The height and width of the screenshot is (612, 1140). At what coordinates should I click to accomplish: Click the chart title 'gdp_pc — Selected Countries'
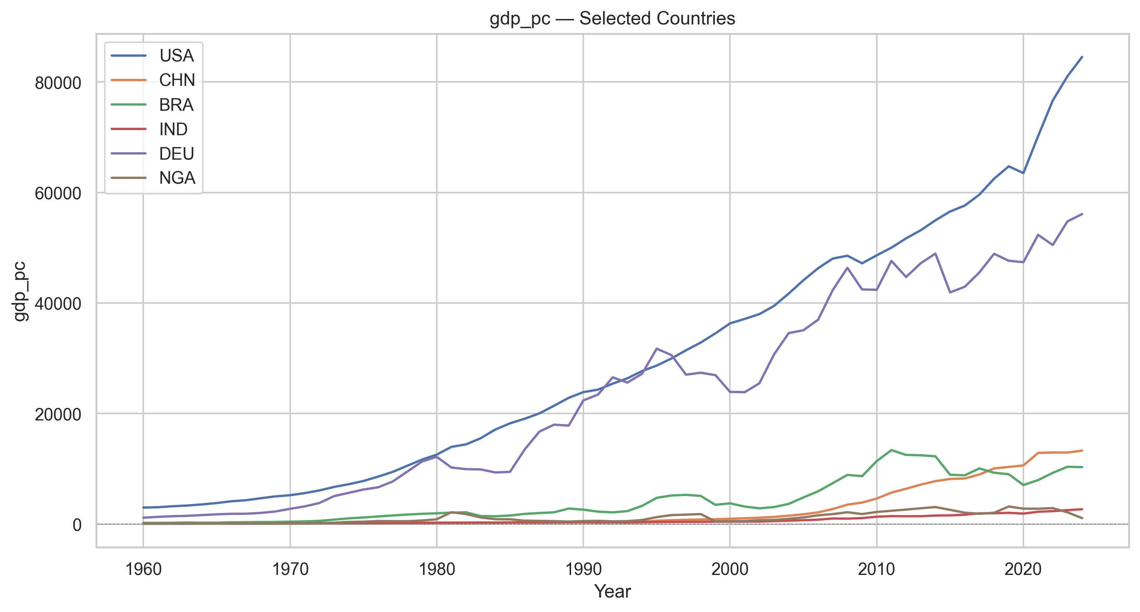(612, 19)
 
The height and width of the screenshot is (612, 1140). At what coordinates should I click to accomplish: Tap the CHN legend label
(177, 80)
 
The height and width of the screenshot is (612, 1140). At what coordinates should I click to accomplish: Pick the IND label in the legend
(174, 129)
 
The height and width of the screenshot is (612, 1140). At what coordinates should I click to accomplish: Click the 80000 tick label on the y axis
(58, 83)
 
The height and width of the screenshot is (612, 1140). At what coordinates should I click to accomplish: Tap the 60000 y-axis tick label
(58, 193)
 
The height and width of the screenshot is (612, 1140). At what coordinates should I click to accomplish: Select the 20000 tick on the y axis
(58, 414)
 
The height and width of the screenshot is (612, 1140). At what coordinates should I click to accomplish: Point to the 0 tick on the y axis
(77, 525)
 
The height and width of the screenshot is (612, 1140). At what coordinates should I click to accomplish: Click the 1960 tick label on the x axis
(143, 569)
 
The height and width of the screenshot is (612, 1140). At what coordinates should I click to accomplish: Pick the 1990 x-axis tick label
(583, 569)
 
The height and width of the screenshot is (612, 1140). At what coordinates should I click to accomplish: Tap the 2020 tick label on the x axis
(1023, 569)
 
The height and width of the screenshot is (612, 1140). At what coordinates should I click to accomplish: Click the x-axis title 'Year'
(612, 592)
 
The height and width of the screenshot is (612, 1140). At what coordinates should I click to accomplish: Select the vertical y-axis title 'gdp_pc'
(20, 291)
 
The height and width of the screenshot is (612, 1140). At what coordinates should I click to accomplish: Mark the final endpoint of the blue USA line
(1082, 57)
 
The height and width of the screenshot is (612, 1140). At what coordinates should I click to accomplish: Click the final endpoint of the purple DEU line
(1082, 214)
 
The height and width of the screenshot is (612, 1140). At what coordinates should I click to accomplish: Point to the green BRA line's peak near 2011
(891, 450)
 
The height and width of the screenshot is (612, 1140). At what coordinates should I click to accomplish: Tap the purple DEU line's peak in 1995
(657, 349)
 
